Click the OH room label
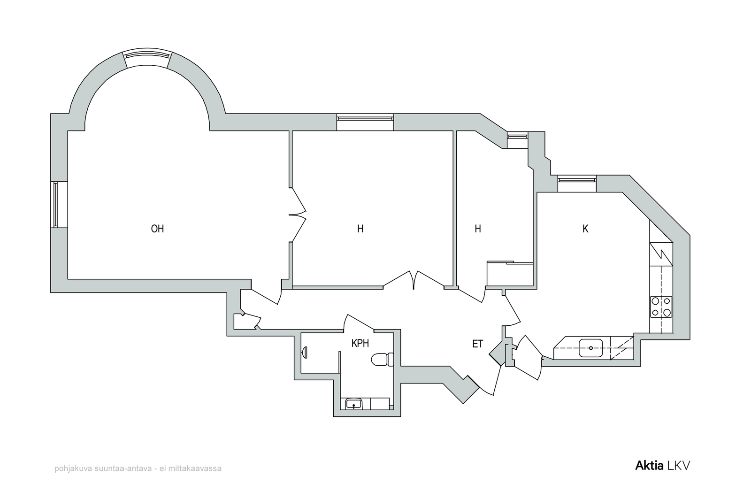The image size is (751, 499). [157, 229]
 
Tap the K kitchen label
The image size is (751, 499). [585, 229]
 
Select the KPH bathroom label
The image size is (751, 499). [360, 344]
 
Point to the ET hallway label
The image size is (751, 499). [478, 344]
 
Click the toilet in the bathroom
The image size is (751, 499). [382, 360]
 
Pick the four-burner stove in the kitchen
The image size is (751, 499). [661, 307]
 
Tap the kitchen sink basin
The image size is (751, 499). [591, 348]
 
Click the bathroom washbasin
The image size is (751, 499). [353, 404]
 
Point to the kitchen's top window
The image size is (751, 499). [577, 183]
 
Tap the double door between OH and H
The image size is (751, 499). [298, 215]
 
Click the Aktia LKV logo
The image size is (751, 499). [662, 466]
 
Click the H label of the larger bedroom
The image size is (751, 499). [360, 229]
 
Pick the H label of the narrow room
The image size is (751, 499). [478, 229]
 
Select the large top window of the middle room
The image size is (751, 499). [365, 122]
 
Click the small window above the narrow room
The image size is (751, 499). [517, 140]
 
